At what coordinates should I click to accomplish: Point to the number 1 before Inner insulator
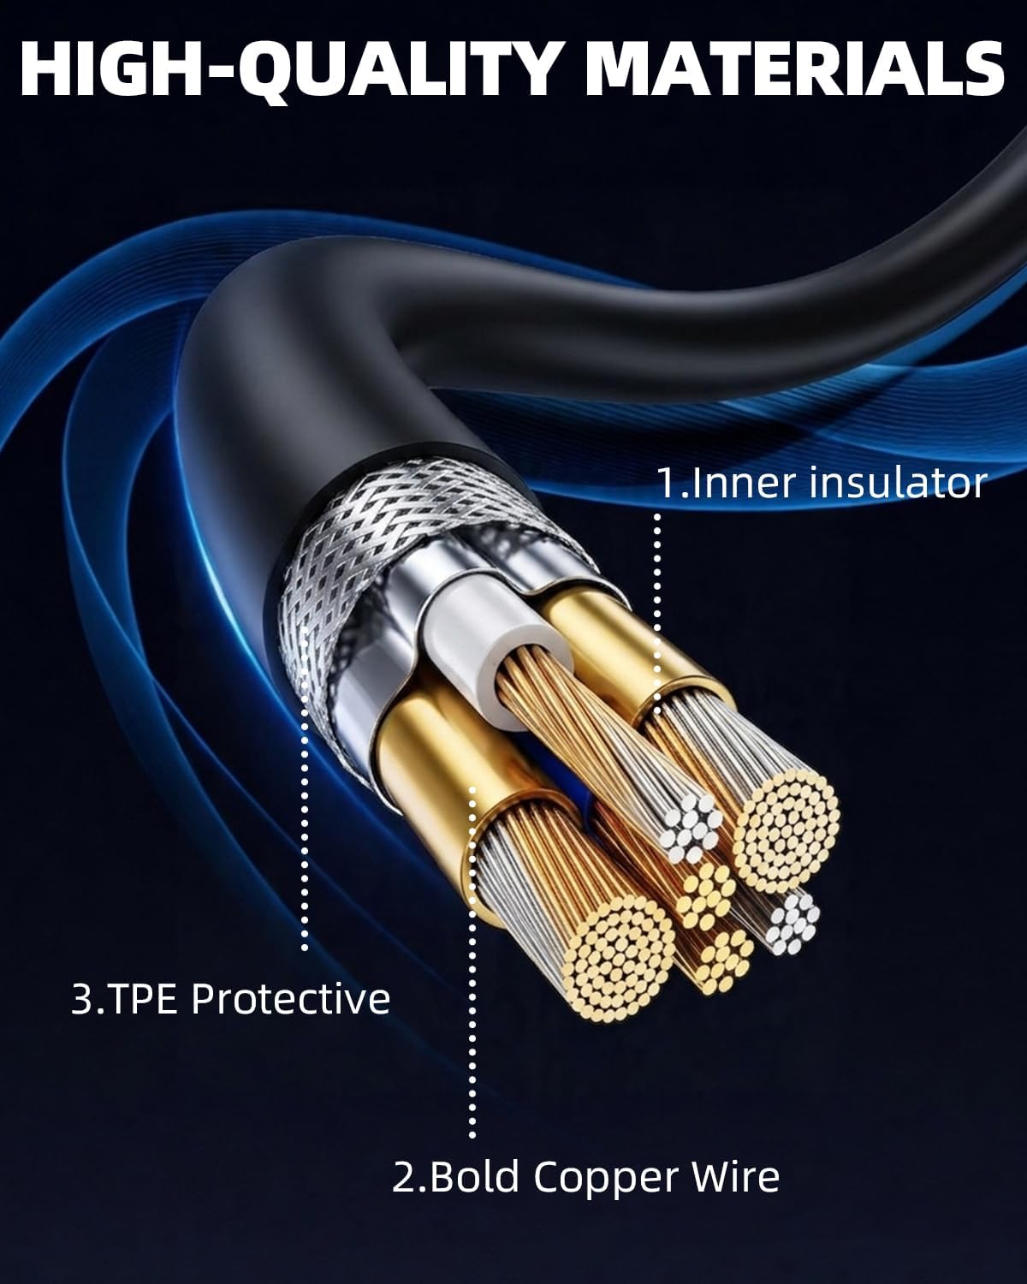(665, 484)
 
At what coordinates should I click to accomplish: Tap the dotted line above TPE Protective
(305, 788)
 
